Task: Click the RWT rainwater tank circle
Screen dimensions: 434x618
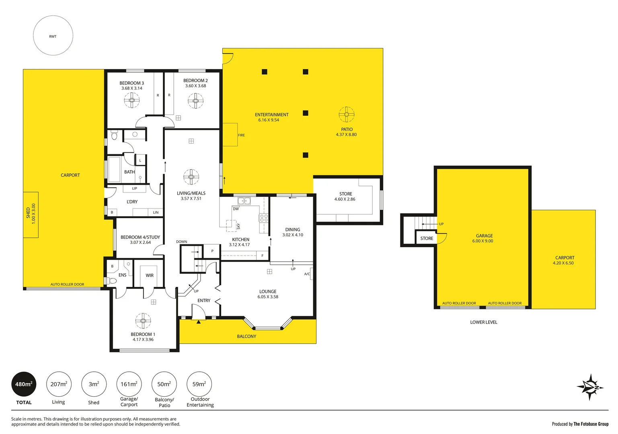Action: [x=53, y=36]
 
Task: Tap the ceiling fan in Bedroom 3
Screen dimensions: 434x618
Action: [x=131, y=100]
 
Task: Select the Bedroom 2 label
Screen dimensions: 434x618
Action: [x=195, y=81]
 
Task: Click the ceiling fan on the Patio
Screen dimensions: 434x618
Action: [x=346, y=115]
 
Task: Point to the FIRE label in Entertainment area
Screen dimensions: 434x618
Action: [x=241, y=135]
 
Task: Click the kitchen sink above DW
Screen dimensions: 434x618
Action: [x=244, y=201]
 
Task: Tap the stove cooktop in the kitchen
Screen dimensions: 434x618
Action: [x=264, y=218]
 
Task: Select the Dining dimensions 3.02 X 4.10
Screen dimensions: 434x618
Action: [x=293, y=235]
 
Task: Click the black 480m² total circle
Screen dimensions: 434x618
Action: [x=24, y=385]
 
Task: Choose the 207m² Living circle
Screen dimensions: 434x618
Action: [x=59, y=385]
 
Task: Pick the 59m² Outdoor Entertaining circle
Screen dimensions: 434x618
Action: [x=199, y=385]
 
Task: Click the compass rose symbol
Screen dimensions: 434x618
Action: [x=590, y=387]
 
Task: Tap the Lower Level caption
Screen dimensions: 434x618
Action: [x=484, y=322]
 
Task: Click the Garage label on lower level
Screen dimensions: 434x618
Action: [x=484, y=236]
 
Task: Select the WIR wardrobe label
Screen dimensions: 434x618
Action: [x=150, y=276]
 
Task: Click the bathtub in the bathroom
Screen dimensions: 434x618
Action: [x=114, y=169]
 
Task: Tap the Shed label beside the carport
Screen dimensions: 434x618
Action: [x=28, y=213]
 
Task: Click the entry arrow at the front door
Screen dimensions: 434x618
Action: [x=198, y=321]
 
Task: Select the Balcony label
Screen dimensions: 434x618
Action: [x=246, y=337]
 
